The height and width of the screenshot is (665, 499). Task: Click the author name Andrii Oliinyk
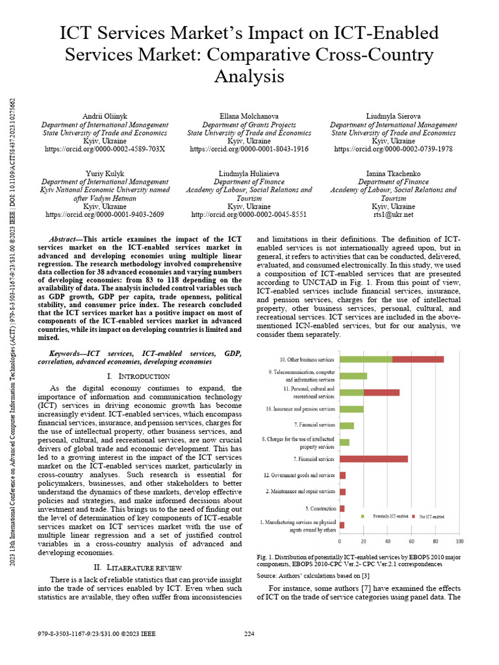104,116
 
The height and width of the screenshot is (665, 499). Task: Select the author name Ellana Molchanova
249,116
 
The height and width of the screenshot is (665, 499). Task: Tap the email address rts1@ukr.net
393,214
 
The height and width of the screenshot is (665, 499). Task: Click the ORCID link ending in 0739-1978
393,149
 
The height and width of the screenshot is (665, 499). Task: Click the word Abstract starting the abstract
65,239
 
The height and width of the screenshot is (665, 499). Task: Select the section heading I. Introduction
138,377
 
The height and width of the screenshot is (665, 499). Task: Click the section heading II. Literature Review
138,568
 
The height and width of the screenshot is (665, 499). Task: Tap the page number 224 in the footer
249,634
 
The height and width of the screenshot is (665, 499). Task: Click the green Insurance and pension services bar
352,409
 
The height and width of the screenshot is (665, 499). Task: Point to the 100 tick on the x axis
459,541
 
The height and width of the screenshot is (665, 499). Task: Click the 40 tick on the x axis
388,541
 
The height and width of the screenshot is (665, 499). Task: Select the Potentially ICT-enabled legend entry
389,516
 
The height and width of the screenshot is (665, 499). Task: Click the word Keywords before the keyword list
70,353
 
